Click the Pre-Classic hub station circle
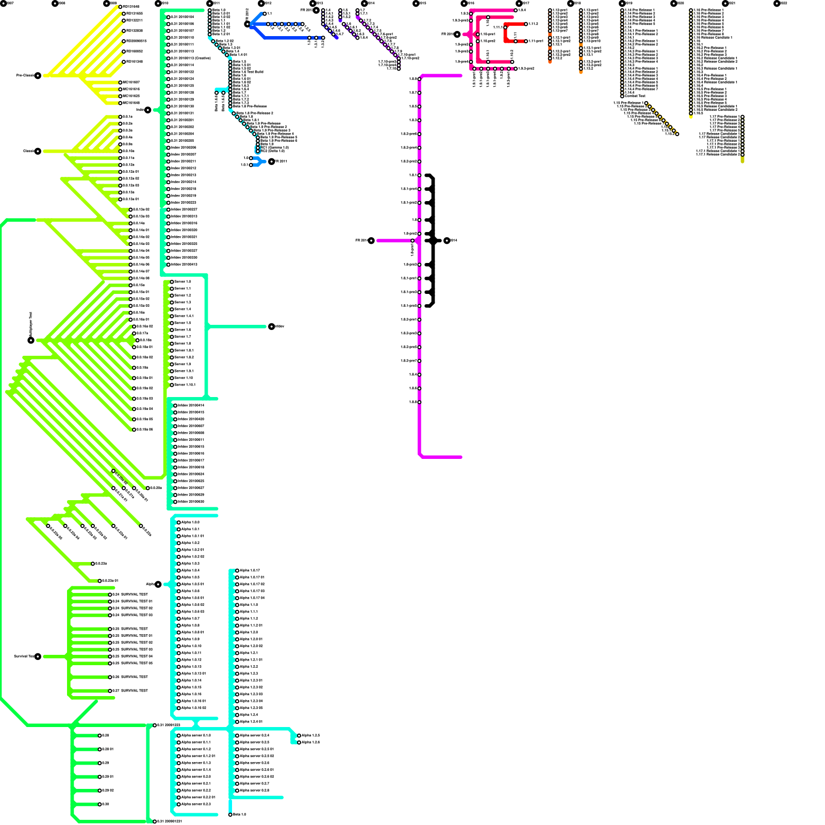click(38, 76)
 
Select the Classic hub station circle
click(38, 151)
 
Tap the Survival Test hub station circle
click(38, 656)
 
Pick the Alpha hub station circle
click(158, 584)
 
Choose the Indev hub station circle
click(148, 110)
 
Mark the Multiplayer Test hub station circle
click(31, 340)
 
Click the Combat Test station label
click(635, 96)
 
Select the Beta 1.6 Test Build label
click(248, 72)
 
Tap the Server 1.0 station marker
click(172, 282)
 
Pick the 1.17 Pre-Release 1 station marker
click(742, 117)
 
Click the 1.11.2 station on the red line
click(526, 24)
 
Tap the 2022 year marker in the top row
click(777, 4)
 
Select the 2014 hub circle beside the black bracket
click(447, 241)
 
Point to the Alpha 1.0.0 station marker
click(179, 523)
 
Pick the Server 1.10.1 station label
click(185, 385)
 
